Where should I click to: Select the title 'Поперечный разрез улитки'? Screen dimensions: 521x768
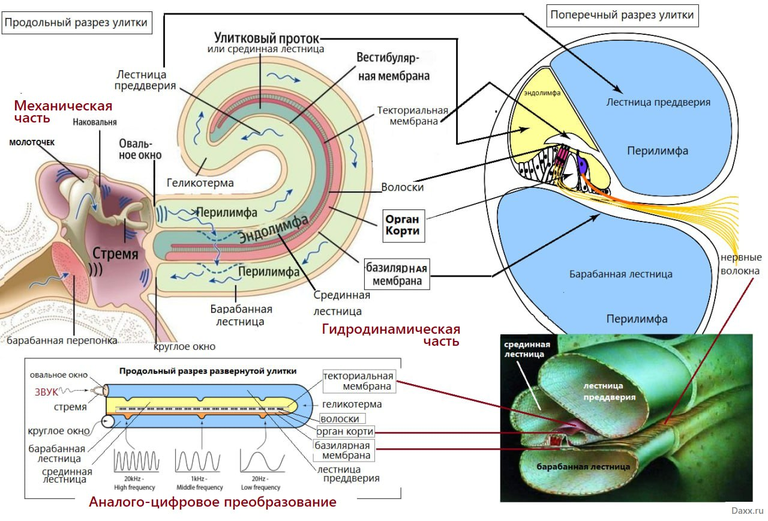coord(622,15)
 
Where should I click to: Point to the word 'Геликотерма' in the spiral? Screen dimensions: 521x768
coord(200,182)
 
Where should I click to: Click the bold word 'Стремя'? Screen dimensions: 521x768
coord(115,254)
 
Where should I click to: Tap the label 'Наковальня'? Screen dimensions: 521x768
coord(94,122)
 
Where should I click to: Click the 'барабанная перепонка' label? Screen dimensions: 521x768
coord(62,341)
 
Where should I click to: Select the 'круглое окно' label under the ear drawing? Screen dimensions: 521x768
coord(184,346)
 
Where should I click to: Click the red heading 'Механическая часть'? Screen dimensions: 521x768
coord(63,112)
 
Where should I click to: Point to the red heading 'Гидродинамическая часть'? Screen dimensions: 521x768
coord(391,335)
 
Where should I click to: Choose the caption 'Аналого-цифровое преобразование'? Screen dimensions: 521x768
coord(212,502)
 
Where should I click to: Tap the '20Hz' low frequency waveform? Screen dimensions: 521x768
coord(260,461)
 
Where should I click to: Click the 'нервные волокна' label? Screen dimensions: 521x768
coord(740,264)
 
